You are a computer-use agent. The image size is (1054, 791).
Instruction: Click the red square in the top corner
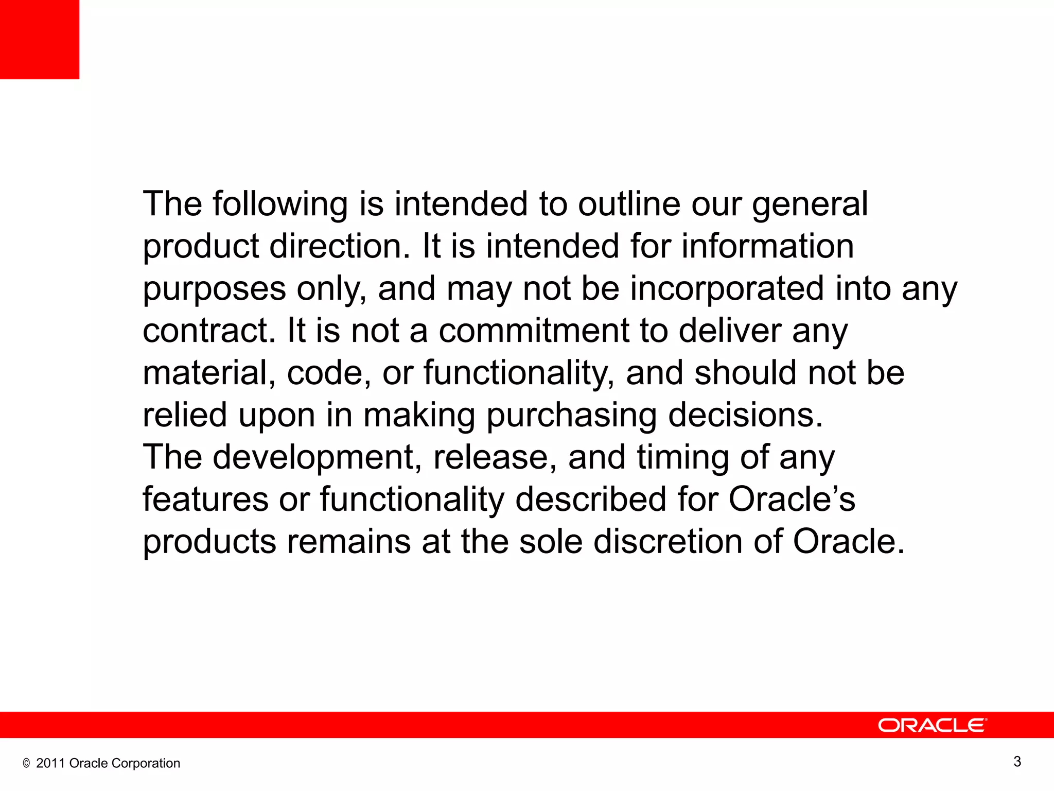(40, 40)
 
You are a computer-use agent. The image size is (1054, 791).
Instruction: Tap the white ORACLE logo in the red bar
(932, 725)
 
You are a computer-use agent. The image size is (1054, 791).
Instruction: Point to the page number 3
(1017, 762)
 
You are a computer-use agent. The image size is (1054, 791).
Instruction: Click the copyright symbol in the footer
(26, 764)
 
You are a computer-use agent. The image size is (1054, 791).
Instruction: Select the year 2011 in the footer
(50, 763)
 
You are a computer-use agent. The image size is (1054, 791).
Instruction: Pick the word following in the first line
(280, 205)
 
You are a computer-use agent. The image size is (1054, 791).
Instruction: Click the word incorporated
(727, 289)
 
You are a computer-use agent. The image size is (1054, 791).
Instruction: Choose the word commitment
(534, 331)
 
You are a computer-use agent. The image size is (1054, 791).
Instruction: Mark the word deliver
(730, 331)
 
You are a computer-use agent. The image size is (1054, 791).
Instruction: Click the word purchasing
(571, 416)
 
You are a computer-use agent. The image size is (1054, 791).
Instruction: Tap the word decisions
(745, 415)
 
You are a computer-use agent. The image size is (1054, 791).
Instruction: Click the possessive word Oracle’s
(792, 500)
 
